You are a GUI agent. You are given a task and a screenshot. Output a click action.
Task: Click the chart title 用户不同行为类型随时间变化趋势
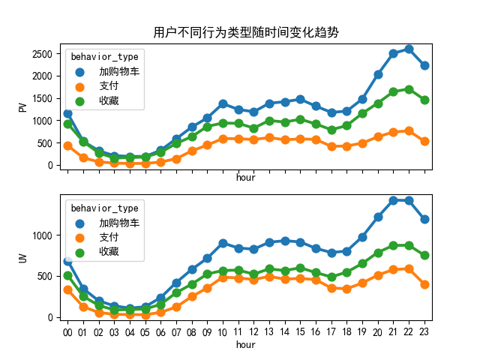(x=245, y=32)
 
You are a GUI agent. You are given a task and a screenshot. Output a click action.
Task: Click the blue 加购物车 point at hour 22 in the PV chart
(x=409, y=49)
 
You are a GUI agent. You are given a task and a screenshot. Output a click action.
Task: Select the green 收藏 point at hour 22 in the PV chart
(x=409, y=89)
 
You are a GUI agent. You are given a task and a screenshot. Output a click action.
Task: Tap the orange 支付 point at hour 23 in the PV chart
(x=424, y=141)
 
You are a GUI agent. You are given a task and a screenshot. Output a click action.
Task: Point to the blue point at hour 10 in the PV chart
(x=223, y=103)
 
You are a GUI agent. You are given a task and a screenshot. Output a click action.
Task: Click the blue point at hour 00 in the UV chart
(x=67, y=261)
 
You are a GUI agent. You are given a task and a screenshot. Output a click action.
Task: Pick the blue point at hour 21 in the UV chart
(x=393, y=200)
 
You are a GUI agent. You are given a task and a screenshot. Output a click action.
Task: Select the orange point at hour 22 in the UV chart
(x=409, y=268)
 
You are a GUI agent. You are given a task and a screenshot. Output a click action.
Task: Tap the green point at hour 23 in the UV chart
(x=424, y=255)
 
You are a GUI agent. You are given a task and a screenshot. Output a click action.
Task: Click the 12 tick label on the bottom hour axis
(x=253, y=331)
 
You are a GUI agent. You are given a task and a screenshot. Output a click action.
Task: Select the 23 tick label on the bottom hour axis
(x=424, y=331)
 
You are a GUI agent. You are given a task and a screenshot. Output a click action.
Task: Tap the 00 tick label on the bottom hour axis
(x=67, y=331)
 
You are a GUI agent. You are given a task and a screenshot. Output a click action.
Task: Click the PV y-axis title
(x=23, y=107)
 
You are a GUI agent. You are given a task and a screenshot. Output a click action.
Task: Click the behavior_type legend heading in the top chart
(x=103, y=57)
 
